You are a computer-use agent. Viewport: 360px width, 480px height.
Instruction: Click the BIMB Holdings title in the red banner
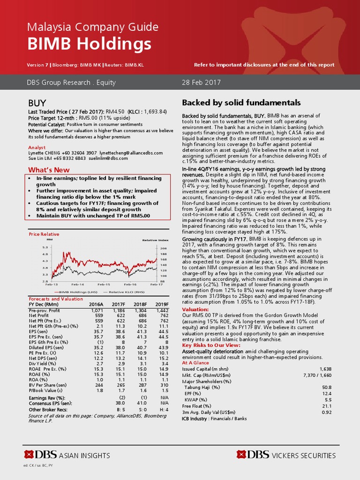[90, 44]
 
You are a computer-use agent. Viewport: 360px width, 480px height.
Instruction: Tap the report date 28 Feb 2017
[201, 82]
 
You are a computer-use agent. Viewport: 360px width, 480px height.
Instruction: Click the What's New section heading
[49, 170]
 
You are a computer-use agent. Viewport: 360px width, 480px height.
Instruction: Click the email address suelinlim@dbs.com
[111, 158]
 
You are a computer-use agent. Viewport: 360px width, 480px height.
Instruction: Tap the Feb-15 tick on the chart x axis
[104, 285]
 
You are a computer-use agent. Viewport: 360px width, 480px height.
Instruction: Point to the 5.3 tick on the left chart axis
[45, 247]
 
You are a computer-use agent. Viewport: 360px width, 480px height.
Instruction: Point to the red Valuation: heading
[195, 309]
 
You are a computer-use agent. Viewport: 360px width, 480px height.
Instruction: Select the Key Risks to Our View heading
[211, 345]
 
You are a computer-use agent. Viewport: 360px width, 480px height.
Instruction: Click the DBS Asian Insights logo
[67, 455]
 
